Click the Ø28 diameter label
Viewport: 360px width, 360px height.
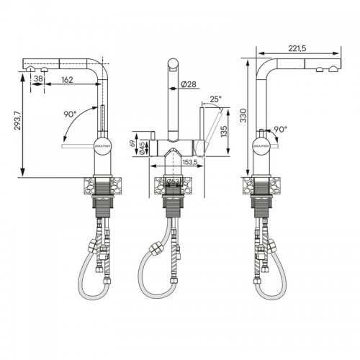[189, 85]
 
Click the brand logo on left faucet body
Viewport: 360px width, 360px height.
[103, 145]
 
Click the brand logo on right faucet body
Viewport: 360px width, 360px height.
[261, 145]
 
